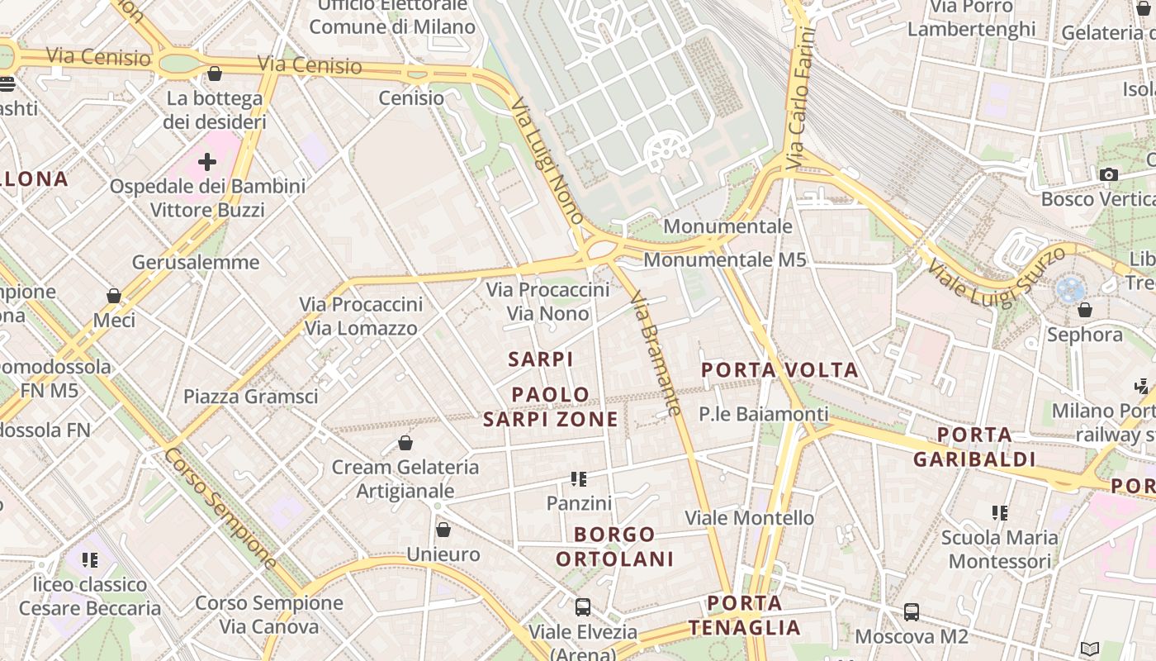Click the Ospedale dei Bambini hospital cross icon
pos(207,161)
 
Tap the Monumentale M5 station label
pos(724,259)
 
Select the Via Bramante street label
pos(656,353)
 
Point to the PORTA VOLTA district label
pos(779,370)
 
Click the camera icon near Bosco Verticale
pos(1108,174)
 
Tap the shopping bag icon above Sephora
pos(1085,310)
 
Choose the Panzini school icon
pos(579,479)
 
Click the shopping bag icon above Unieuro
pos(443,530)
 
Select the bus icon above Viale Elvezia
pos(583,607)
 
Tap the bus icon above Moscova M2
pos(912,612)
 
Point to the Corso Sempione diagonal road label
pos(221,508)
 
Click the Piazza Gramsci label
pos(250,397)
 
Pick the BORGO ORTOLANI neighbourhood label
pos(614,546)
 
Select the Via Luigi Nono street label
pos(547,161)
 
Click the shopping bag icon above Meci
pos(114,296)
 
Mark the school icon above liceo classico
pos(90,560)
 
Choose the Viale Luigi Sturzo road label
pos(996,278)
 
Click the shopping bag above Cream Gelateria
pos(405,443)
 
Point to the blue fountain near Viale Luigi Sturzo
pos(1069,289)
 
